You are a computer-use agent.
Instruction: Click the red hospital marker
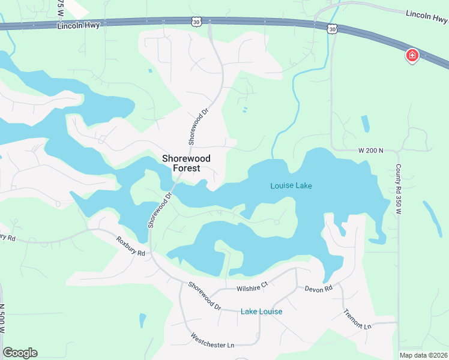[412, 56]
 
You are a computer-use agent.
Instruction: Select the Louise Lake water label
[291, 185]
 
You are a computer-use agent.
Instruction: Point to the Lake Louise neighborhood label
[261, 311]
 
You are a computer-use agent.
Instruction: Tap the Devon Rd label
[318, 289]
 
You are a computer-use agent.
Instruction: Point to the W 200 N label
[370, 151]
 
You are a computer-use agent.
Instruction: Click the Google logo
[20, 353]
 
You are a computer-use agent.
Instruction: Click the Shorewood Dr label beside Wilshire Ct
[203, 295]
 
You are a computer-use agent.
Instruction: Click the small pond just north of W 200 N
[366, 123]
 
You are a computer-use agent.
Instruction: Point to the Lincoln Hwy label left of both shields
[78, 25]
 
